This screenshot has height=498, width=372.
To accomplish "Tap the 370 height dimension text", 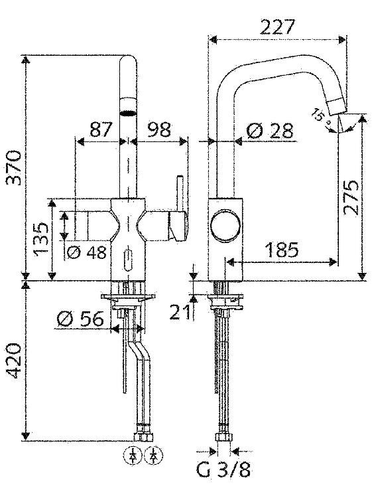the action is click(15, 169).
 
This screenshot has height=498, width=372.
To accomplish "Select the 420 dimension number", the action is click(15, 361).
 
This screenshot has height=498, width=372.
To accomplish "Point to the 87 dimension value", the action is click(101, 129).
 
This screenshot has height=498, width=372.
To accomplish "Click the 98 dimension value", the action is click(159, 129).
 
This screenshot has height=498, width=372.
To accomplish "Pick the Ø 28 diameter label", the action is click(269, 131).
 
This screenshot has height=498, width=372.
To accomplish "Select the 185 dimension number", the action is click(282, 250).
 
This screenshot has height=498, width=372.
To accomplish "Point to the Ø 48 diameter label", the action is click(87, 253).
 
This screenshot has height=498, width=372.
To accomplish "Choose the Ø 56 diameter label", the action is click(80, 319).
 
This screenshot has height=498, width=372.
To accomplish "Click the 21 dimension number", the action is click(180, 311).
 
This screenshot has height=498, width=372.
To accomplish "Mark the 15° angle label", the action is click(320, 116).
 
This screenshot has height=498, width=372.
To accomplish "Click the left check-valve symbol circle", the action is click(133, 456).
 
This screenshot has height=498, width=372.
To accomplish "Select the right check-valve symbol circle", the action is click(154, 456).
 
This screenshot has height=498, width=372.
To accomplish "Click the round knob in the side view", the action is click(226, 225).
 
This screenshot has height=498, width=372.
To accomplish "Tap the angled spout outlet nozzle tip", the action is click(337, 106).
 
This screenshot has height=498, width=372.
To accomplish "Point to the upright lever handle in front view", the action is click(180, 194).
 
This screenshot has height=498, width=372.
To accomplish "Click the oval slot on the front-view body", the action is click(128, 260).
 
